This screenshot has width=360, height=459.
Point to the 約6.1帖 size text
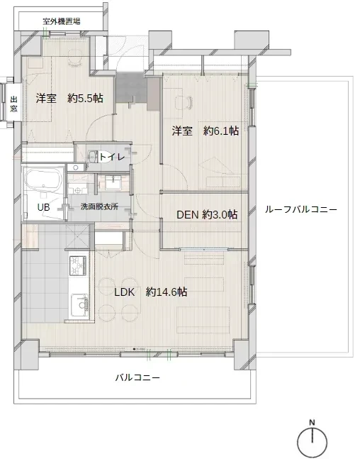(x=220, y=131)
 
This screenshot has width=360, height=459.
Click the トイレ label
(x=113, y=156)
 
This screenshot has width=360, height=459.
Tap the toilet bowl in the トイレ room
(x=93, y=155)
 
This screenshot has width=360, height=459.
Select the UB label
(x=44, y=207)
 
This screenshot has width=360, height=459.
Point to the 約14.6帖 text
(x=167, y=292)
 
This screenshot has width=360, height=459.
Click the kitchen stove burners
(x=77, y=265)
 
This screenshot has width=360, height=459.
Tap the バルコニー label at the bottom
(x=137, y=378)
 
